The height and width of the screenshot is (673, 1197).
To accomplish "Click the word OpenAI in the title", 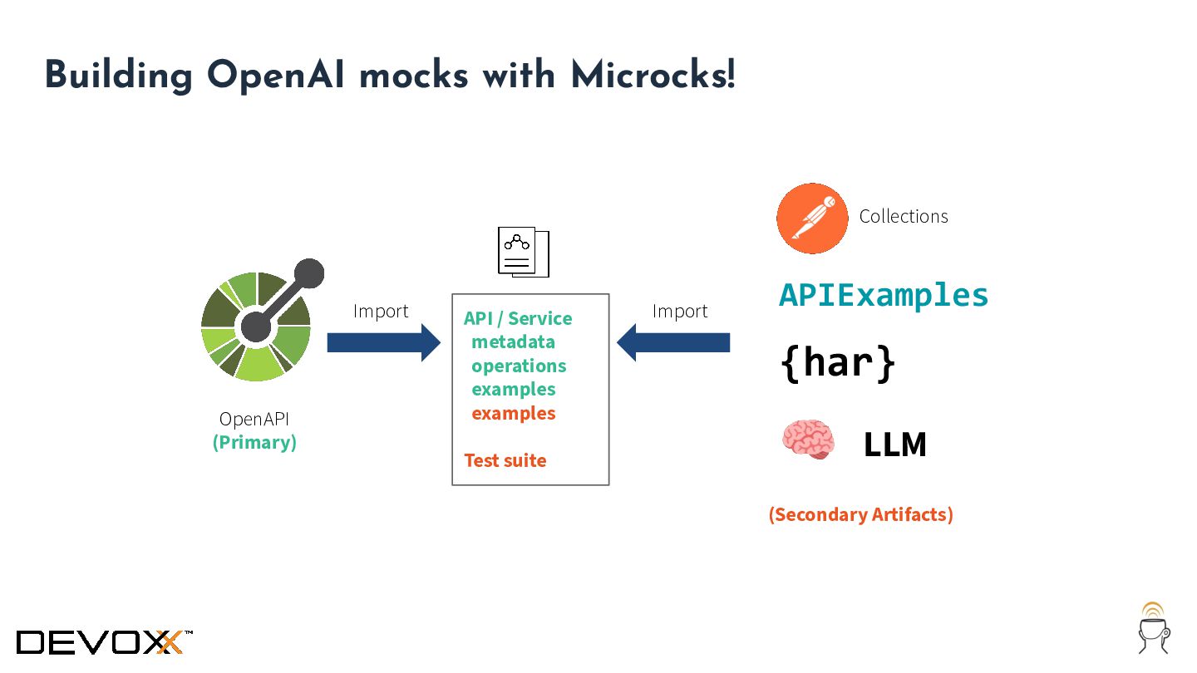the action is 276,76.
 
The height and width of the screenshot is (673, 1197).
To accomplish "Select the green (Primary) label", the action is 254,443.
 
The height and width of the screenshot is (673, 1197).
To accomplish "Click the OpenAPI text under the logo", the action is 254,419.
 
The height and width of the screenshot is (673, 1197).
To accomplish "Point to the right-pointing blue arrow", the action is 384,342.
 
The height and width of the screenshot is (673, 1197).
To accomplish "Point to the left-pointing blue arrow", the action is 673,342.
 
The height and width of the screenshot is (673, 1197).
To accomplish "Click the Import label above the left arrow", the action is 381,311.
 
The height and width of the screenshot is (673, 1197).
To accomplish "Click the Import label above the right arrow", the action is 680,311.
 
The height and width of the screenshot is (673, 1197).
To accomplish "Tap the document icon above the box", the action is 524,252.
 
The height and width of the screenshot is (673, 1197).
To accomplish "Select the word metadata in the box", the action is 513,341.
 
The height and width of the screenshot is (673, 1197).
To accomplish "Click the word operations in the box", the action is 519,366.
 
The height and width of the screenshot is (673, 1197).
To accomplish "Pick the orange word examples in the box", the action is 513,414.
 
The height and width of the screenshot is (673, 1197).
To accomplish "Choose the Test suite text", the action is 505,460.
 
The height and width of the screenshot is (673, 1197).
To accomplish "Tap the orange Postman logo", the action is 812,219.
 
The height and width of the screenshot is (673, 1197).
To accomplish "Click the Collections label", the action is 904,216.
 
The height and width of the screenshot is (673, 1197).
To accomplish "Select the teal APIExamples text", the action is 884,296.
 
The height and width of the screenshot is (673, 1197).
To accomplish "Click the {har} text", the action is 838,363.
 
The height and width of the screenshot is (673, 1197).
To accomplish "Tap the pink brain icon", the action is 808,439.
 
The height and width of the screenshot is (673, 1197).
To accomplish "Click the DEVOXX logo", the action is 104,642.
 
